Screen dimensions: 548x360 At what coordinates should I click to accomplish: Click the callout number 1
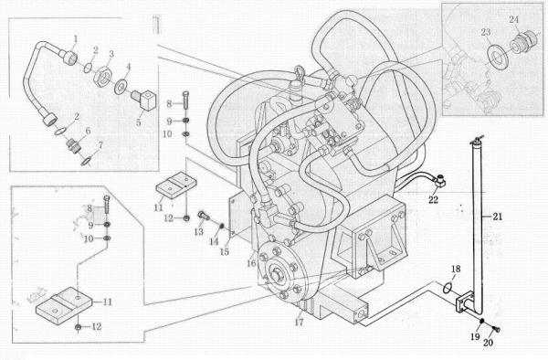click(x=76, y=38)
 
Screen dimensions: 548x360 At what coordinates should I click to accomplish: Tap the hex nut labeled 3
click(x=102, y=76)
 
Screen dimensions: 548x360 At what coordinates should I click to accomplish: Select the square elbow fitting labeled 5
click(x=144, y=100)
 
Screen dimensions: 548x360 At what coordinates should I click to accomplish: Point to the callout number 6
click(x=88, y=131)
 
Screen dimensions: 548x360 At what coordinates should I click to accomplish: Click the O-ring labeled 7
click(x=86, y=161)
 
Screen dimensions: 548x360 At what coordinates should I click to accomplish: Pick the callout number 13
click(x=198, y=231)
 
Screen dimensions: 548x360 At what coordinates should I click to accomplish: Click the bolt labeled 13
click(x=203, y=216)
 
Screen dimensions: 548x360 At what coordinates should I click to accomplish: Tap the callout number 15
click(x=225, y=251)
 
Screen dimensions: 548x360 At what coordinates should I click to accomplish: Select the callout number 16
click(x=252, y=263)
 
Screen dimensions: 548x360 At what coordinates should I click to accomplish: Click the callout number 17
click(x=299, y=322)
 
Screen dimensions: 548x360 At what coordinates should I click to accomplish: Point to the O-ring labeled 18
click(x=448, y=288)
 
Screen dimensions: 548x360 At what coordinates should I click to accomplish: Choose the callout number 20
click(x=488, y=343)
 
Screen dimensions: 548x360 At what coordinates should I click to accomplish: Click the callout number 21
click(x=498, y=217)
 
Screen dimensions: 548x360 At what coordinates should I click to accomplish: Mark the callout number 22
click(x=433, y=199)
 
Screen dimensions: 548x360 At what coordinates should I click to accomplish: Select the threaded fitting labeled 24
click(x=522, y=42)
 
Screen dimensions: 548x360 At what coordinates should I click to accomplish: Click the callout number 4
click(x=128, y=67)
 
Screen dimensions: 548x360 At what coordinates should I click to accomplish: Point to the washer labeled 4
click(x=121, y=87)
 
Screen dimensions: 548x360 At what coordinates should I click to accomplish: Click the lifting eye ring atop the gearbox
click(x=300, y=71)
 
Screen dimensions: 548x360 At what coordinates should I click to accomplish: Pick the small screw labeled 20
click(x=496, y=329)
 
